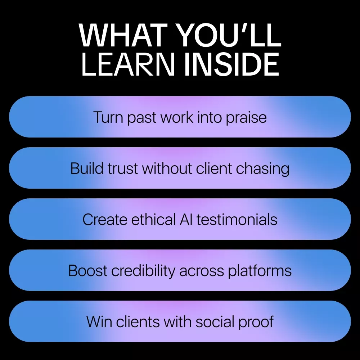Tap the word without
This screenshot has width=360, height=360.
click(167, 168)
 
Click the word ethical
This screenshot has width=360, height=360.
click(153, 220)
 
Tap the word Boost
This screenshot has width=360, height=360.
click(87, 271)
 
